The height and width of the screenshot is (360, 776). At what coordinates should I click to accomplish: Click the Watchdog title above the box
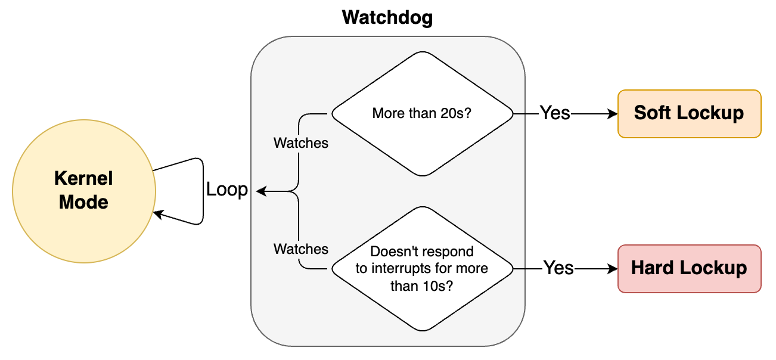[387, 17]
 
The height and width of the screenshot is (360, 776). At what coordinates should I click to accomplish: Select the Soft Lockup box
[690, 113]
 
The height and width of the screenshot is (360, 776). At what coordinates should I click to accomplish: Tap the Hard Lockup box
[690, 268]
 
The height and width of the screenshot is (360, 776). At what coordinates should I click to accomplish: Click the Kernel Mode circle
[84, 191]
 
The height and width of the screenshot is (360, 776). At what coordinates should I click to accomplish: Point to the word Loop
[226, 190]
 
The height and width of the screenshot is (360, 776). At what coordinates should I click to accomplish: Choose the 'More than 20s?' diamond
[422, 113]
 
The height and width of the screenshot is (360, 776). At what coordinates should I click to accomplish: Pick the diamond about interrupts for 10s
[422, 268]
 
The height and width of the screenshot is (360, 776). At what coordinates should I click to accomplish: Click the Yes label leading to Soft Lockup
[554, 113]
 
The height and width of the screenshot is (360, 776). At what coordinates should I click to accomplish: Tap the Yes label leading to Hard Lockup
[558, 268]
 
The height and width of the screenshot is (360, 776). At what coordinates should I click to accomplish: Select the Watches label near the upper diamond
[300, 143]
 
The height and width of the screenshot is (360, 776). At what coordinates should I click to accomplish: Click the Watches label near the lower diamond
[300, 249]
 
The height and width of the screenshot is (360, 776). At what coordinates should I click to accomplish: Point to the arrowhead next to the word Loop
[260, 191]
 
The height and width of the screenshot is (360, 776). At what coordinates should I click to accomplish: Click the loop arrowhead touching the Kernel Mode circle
[157, 213]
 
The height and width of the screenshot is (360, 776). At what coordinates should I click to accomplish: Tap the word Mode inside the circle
[84, 202]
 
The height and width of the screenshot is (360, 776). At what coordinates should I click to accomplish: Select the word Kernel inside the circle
[84, 178]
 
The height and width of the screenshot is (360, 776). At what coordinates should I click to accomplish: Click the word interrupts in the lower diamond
[399, 268]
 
